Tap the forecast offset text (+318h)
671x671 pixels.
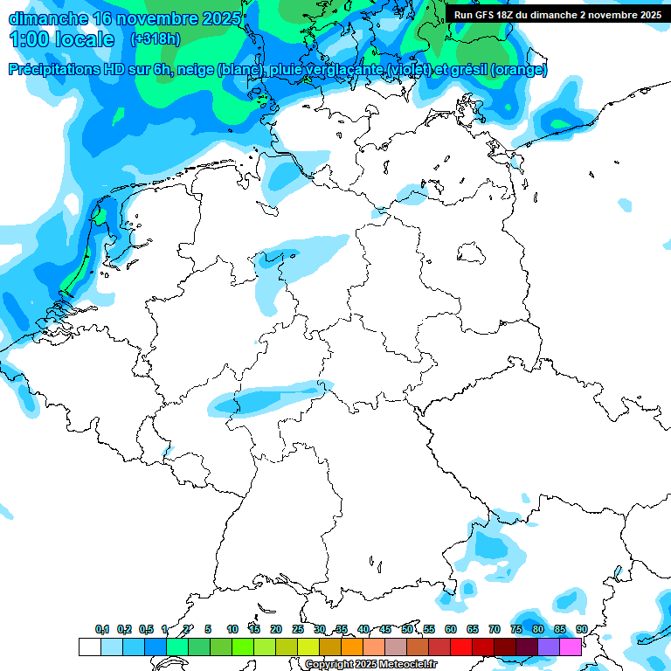(x=155, y=39)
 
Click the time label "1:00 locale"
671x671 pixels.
(x=61, y=39)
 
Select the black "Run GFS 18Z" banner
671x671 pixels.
(x=557, y=14)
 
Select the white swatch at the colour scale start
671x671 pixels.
(x=89, y=647)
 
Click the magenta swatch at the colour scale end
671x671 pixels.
(x=570, y=647)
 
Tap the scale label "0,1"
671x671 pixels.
(x=102, y=629)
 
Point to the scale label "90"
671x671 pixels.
(x=581, y=629)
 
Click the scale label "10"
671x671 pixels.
(x=232, y=629)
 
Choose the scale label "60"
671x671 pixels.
(x=451, y=629)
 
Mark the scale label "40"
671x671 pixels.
(x=363, y=629)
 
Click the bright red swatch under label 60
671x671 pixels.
(x=460, y=647)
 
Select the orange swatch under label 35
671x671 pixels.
(x=351, y=647)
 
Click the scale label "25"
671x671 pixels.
(x=298, y=629)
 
